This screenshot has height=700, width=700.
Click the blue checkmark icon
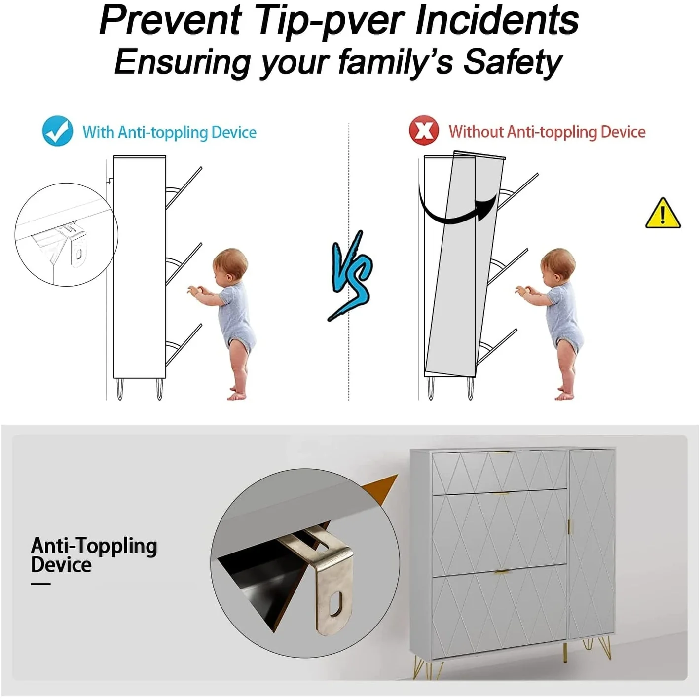(x=57, y=131)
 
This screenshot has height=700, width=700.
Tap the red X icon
(x=424, y=130)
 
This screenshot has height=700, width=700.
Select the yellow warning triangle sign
(x=663, y=214)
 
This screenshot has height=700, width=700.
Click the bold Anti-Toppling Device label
(x=94, y=555)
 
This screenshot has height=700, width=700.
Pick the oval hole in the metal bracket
(x=335, y=603)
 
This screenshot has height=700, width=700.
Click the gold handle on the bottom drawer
(x=502, y=573)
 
